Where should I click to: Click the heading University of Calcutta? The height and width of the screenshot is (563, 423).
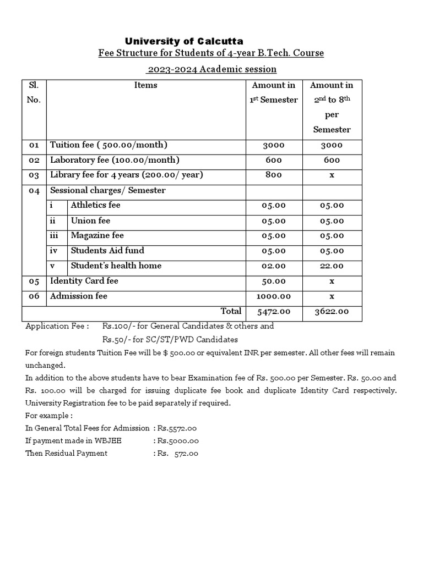184,41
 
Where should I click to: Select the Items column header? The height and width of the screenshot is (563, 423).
145,85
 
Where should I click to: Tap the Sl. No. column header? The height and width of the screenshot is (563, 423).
34,92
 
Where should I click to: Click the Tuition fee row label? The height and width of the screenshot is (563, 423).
109,145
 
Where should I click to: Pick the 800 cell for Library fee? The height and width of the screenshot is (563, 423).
274,175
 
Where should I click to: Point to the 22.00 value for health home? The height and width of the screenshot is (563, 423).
332,266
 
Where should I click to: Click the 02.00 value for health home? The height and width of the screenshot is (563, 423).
274,266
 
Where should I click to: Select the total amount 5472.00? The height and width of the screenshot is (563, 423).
274,311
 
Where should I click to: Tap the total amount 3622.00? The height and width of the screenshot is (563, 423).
332,311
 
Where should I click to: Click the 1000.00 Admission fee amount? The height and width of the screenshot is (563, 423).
274,296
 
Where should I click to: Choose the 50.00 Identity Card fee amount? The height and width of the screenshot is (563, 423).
274,281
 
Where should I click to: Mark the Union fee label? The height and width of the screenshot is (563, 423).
90,220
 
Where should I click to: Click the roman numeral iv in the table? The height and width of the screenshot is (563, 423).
53,251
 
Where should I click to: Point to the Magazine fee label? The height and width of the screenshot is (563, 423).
97,235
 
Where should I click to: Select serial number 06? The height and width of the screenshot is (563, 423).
34,296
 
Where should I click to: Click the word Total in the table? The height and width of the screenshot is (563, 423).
231,311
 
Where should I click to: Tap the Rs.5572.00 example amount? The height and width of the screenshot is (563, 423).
177,428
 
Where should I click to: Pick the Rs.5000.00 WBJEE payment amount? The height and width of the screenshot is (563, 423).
178,441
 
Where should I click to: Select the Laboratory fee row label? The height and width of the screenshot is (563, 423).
115,160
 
